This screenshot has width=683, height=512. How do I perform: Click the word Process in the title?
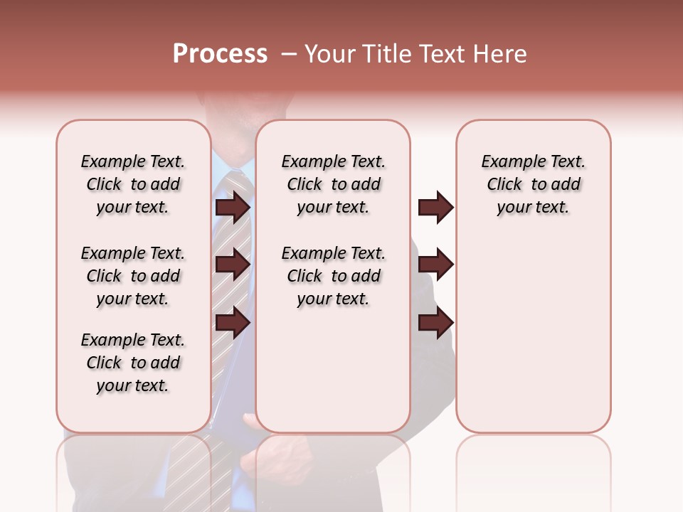pos(220,54)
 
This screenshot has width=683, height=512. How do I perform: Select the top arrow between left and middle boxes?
pos(233,208)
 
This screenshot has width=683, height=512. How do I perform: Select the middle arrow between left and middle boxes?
pos(233,265)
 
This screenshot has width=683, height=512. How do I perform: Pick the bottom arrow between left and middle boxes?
pos(233,323)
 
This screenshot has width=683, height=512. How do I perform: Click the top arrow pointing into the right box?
pos(435,208)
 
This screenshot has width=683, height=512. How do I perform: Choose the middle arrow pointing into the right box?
pos(435,265)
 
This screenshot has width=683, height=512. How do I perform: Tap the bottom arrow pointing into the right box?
pos(435,323)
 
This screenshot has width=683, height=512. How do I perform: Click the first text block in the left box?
pos(133,184)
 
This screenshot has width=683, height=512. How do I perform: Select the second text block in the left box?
pos(133,276)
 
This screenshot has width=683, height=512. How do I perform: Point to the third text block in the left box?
pos(133,363)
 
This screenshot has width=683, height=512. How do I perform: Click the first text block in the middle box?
pos(333,184)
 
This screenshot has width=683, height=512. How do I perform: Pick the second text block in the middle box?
pos(333,276)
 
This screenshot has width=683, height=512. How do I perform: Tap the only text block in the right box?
pos(533,184)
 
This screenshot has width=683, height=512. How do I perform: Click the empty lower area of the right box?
pos(533,341)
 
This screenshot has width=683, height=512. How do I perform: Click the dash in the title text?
pos(288,55)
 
